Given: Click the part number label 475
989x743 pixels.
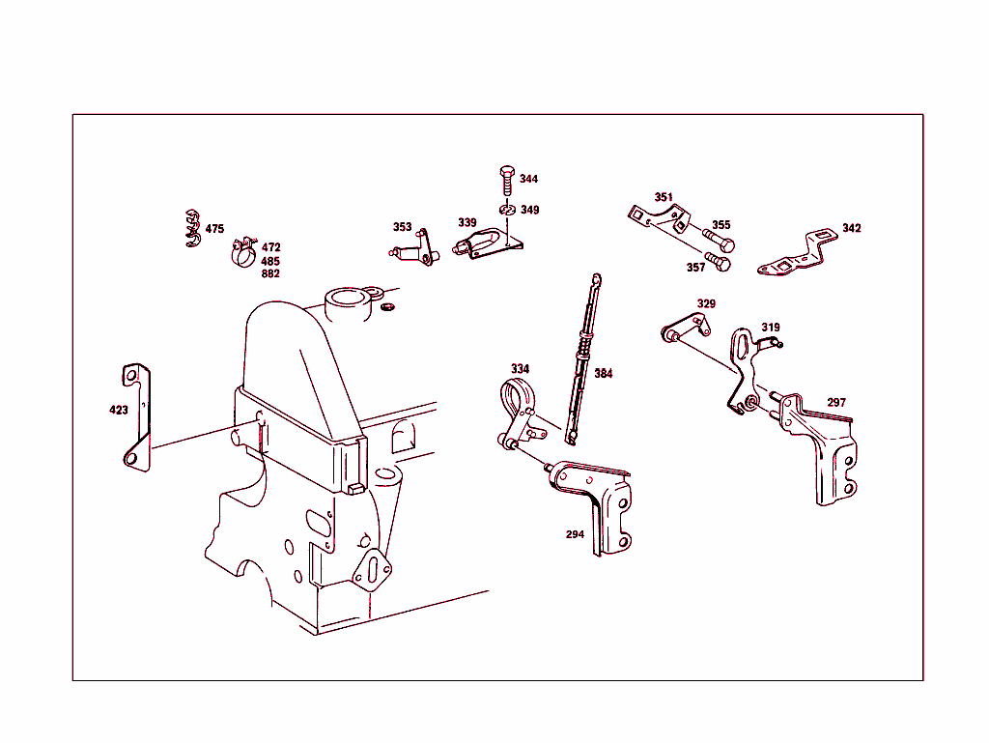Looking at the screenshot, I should pos(214,229).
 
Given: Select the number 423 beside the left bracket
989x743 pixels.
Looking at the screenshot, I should pos(118,411).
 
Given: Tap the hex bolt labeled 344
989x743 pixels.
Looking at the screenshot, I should pos(506,180).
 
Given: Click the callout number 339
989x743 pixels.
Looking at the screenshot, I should pos(467,223).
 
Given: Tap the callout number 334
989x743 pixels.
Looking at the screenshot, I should pos(520,369).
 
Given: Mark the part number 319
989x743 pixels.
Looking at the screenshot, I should pos(770,328).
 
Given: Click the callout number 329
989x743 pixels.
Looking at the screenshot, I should pos(706,304).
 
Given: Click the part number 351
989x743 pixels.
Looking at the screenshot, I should pos(664,197).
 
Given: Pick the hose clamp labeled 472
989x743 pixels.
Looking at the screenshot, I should pos(242,252).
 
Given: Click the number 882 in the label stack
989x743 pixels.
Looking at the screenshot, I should pos(270,273).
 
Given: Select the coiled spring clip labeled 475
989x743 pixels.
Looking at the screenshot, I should pos(191,228).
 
